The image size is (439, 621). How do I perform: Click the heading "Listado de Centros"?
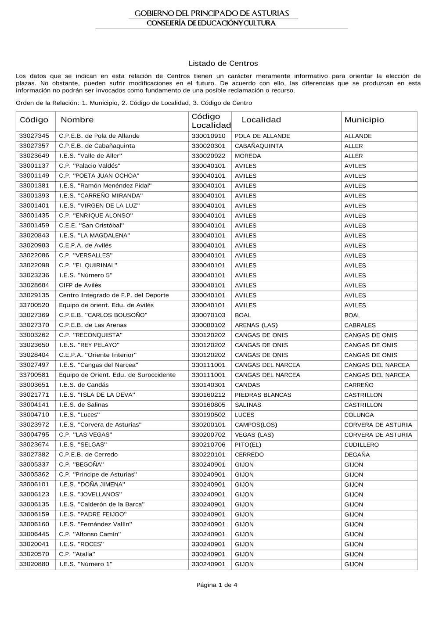[223, 64]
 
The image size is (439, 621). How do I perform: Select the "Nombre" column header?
[77, 120]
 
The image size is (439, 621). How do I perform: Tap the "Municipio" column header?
[364, 120]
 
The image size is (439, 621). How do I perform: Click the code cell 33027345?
[34, 136]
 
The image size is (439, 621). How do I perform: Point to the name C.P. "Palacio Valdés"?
[90, 166]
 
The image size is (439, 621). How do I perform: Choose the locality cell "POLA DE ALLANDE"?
[263, 136]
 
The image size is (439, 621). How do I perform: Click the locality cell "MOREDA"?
[248, 156]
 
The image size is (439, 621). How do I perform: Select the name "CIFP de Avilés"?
[80, 285]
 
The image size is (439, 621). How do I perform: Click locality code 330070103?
[209, 315]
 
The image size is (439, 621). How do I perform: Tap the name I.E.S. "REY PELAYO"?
[89, 345]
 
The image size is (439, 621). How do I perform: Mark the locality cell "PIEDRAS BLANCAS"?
[263, 395]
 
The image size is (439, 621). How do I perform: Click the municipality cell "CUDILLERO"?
[361, 445]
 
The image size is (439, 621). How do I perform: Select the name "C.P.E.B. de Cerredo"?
[88, 455]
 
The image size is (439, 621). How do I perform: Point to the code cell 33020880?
[34, 564]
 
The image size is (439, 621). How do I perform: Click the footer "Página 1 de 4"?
[217, 585]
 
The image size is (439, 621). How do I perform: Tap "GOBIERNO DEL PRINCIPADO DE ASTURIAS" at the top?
[212, 14]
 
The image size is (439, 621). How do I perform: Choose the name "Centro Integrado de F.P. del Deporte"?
[114, 295]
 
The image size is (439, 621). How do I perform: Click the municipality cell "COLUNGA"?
[359, 415]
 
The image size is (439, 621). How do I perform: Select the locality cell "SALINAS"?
[248, 405]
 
